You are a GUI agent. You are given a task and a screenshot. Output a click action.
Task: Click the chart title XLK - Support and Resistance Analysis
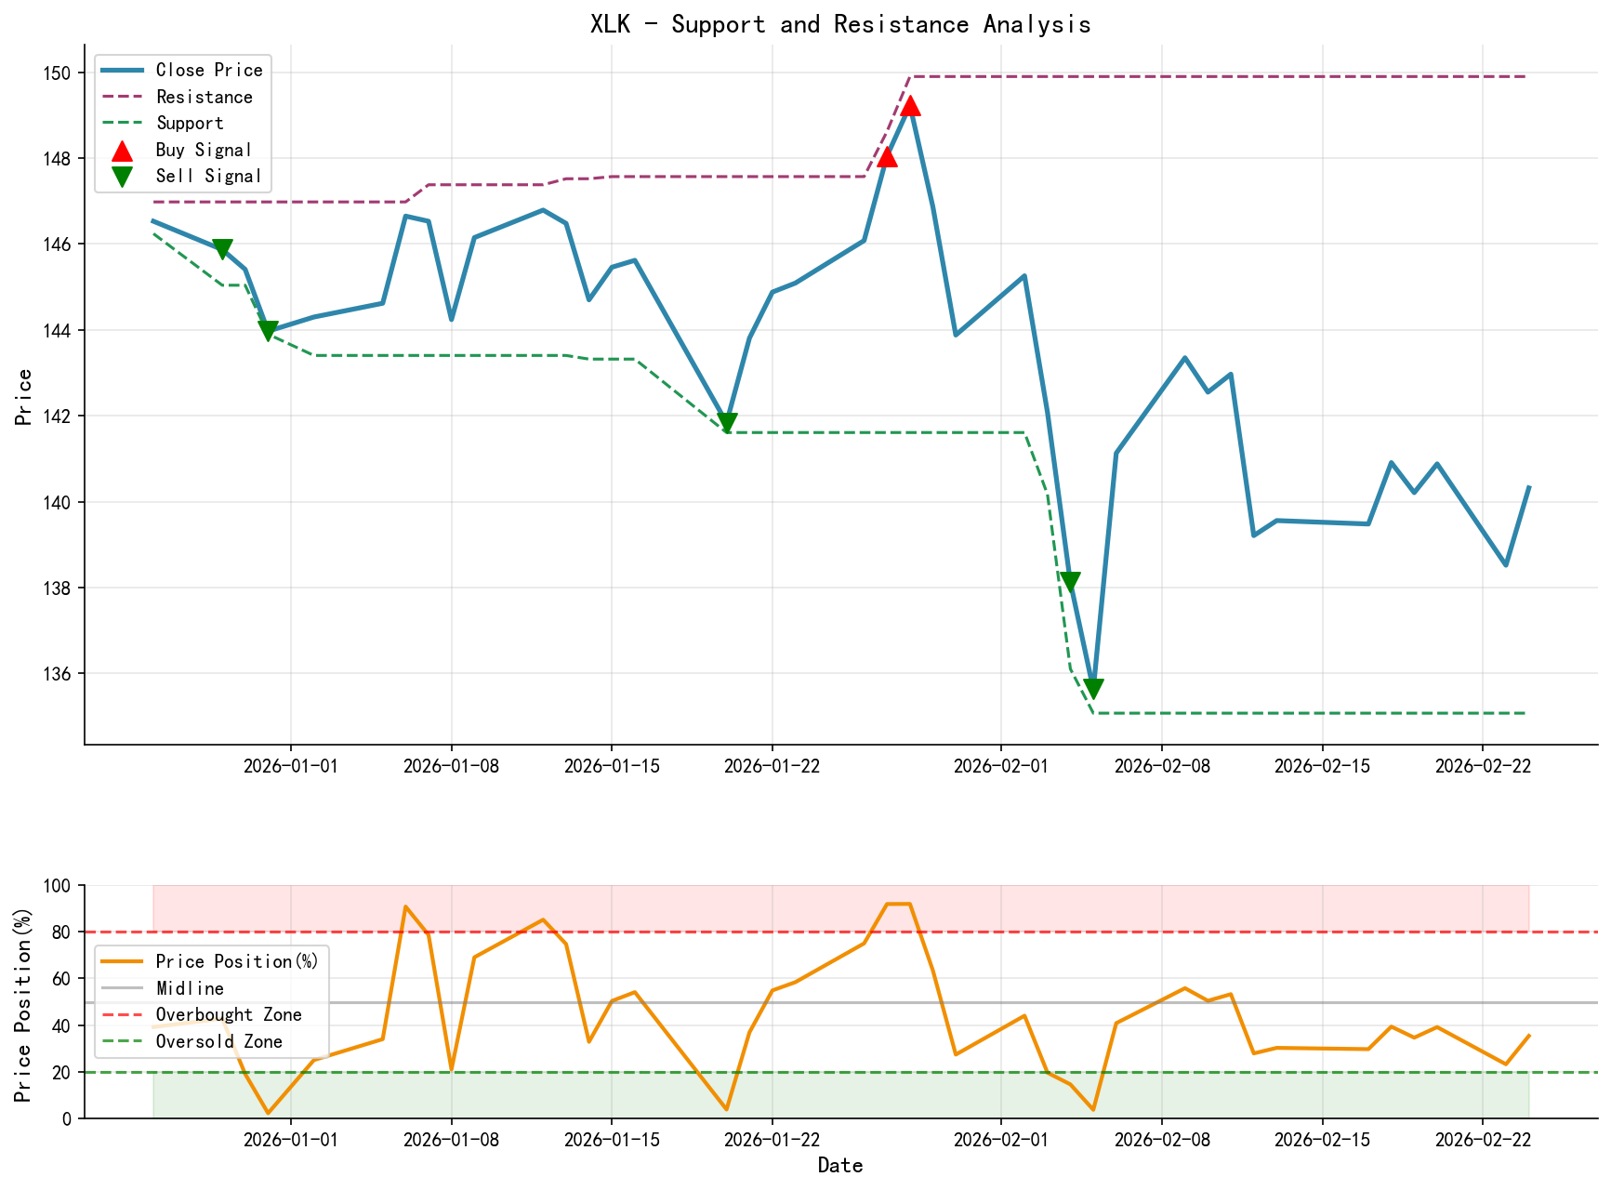click(840, 24)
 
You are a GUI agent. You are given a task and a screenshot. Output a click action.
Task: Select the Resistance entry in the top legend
click(204, 97)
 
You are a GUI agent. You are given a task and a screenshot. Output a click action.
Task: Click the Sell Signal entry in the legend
click(208, 176)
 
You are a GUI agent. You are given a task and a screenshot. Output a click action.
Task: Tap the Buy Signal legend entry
click(204, 150)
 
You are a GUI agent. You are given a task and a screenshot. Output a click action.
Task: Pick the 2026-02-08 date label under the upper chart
click(1161, 765)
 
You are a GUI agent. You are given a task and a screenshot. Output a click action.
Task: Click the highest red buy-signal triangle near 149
click(911, 106)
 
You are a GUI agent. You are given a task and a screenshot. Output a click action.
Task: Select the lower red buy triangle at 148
click(888, 156)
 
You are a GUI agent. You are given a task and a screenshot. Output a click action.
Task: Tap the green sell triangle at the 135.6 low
click(1093, 688)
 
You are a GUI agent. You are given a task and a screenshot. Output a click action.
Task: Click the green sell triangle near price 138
click(1070, 582)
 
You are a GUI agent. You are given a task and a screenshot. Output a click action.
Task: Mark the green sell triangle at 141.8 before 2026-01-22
click(727, 423)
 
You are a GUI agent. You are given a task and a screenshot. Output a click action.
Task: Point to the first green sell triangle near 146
click(222, 249)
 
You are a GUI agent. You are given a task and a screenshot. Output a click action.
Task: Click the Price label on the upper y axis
click(24, 397)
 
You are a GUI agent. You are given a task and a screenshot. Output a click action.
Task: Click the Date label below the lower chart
click(840, 1166)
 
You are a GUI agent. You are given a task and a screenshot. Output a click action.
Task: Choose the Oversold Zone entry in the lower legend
click(218, 1041)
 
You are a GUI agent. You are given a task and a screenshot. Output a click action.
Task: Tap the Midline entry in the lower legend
click(190, 988)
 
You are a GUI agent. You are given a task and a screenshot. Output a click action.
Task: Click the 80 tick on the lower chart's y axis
click(63, 932)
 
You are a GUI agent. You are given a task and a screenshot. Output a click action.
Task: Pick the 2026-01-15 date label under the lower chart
click(611, 1140)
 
